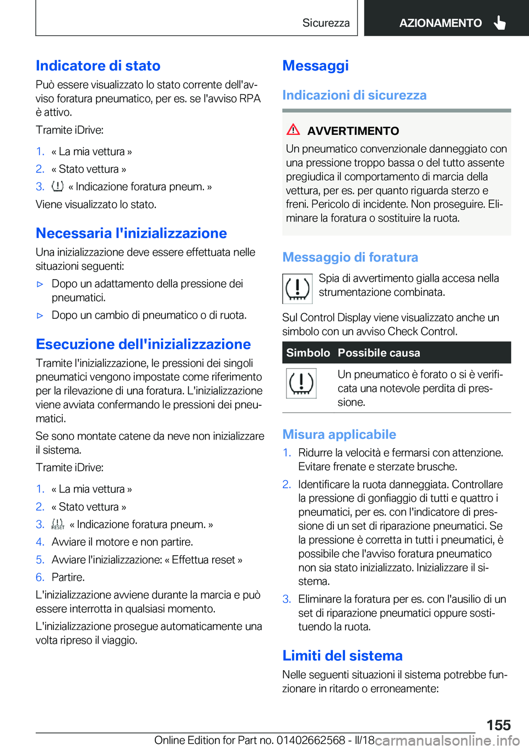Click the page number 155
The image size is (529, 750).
pyautogui.click(x=498, y=725)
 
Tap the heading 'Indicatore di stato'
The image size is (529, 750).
pyautogui.click(x=98, y=66)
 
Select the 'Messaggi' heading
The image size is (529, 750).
pyautogui.click(x=315, y=66)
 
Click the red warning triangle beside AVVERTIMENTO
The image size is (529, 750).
pyautogui.click(x=293, y=130)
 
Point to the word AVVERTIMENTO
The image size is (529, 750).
pyautogui.click(x=353, y=131)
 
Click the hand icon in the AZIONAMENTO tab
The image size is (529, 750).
pyautogui.click(x=500, y=23)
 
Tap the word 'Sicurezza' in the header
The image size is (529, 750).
pyautogui.click(x=326, y=23)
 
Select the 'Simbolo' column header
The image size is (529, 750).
pyautogui.click(x=307, y=353)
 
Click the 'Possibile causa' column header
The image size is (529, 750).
pyautogui.click(x=379, y=353)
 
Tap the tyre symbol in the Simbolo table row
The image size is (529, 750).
pyautogui.click(x=301, y=383)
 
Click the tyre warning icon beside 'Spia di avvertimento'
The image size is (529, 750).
pyautogui.click(x=298, y=289)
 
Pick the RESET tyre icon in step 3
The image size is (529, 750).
pyautogui.click(x=57, y=524)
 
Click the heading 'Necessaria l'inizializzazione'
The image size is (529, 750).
pyautogui.click(x=131, y=233)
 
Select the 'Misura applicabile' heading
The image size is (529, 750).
pyautogui.click(x=339, y=434)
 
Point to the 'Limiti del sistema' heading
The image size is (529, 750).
pyautogui.click(x=342, y=656)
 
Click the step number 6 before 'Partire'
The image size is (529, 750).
pyautogui.click(x=40, y=577)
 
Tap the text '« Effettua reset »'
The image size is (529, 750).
pyautogui.click(x=203, y=559)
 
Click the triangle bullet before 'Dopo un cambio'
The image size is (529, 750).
pyautogui.click(x=40, y=316)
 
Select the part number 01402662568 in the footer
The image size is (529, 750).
pyautogui.click(x=311, y=740)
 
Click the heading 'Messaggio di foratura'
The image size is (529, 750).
pyautogui.click(x=350, y=257)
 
